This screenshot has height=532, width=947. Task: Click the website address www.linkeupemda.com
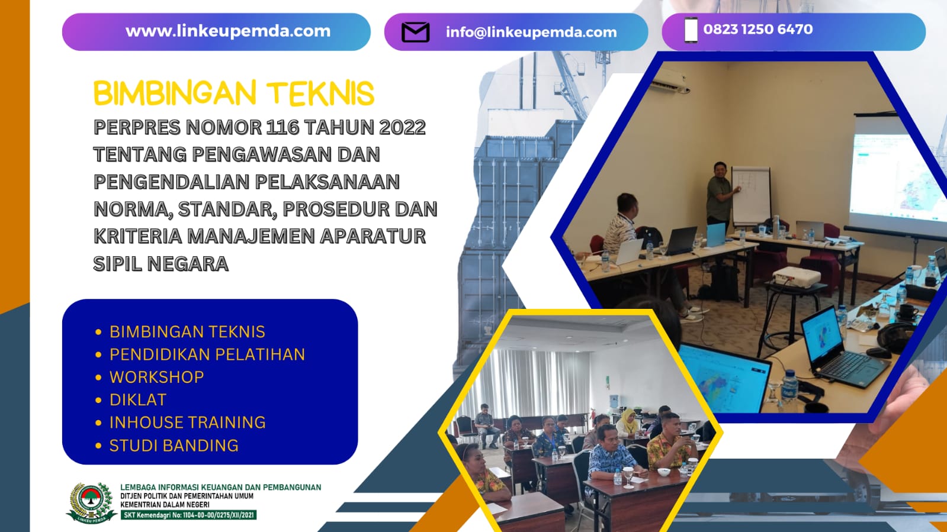click(228, 31)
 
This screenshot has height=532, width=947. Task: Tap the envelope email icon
click(415, 32)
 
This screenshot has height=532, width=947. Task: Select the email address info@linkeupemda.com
click(531, 32)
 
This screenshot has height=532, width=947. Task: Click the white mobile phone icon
click(691, 30)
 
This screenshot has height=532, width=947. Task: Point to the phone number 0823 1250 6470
click(758, 29)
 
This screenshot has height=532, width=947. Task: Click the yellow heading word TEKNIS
click(320, 93)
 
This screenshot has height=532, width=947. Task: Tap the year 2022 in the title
click(402, 127)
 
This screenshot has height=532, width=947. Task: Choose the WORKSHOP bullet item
click(156, 377)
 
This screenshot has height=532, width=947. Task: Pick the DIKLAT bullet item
click(137, 399)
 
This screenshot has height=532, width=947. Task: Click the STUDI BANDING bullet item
click(174, 445)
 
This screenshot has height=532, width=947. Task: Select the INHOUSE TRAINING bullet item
click(187, 422)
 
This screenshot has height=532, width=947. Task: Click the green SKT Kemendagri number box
click(188, 515)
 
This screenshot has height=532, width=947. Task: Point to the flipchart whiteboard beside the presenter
click(751, 194)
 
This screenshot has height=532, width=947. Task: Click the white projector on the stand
click(797, 277)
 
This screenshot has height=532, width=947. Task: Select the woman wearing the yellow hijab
click(628, 421)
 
